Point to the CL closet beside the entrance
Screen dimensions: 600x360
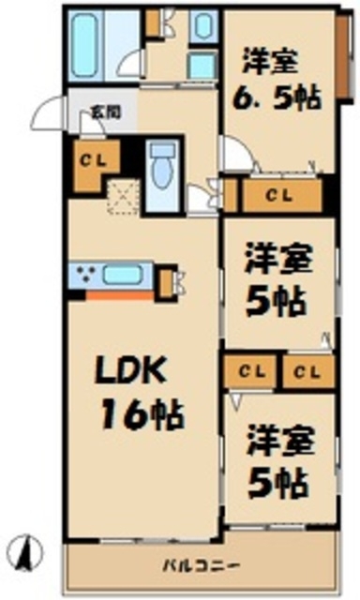pyautogui.click(x=91, y=158)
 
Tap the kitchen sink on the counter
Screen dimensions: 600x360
pyautogui.click(x=123, y=276)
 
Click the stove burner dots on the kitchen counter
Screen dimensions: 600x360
pyautogui.click(x=87, y=275)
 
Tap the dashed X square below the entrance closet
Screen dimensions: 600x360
pyautogui.click(x=119, y=193)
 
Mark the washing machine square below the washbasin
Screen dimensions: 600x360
pyautogui.click(x=202, y=67)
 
